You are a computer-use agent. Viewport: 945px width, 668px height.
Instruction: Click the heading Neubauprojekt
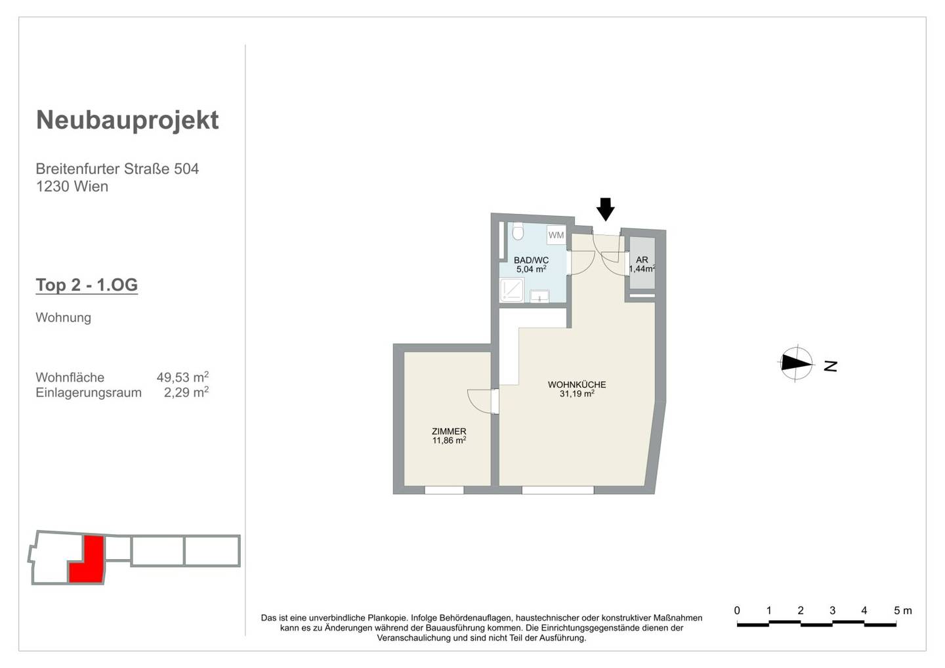pyautogui.click(x=127, y=121)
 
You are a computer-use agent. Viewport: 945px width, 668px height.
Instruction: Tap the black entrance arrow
pyautogui.click(x=605, y=209)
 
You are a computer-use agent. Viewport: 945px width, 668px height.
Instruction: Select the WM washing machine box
pyautogui.click(x=556, y=235)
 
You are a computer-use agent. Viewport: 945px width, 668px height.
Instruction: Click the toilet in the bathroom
pyautogui.click(x=518, y=232)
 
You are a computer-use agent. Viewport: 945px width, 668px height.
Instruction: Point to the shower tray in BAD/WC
pyautogui.click(x=512, y=290)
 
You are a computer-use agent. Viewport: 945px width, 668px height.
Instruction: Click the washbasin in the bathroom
pyautogui.click(x=539, y=296)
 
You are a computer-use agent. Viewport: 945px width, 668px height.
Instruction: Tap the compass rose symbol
pyautogui.click(x=795, y=364)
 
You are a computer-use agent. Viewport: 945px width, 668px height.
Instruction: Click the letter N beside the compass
pyautogui.click(x=831, y=366)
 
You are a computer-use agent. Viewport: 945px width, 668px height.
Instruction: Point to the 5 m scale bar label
pyautogui.click(x=903, y=610)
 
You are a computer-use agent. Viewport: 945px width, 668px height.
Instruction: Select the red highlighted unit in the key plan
pyautogui.click(x=87, y=560)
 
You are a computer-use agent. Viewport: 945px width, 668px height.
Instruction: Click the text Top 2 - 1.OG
pyautogui.click(x=87, y=285)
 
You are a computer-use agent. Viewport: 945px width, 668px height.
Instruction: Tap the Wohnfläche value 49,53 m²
pyautogui.click(x=182, y=377)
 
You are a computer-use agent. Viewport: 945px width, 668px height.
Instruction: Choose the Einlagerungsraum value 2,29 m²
pyautogui.click(x=186, y=392)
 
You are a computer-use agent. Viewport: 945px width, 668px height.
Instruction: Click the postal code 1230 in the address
pyautogui.click(x=51, y=186)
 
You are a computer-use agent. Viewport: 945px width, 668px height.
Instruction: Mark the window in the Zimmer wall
pyautogui.click(x=444, y=490)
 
